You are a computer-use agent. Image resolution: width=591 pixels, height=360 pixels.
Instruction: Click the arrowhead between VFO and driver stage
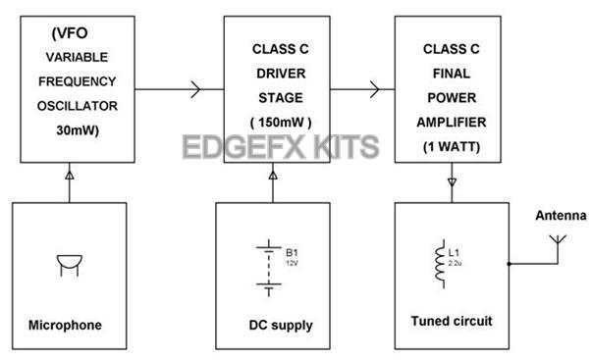point(194,91)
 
